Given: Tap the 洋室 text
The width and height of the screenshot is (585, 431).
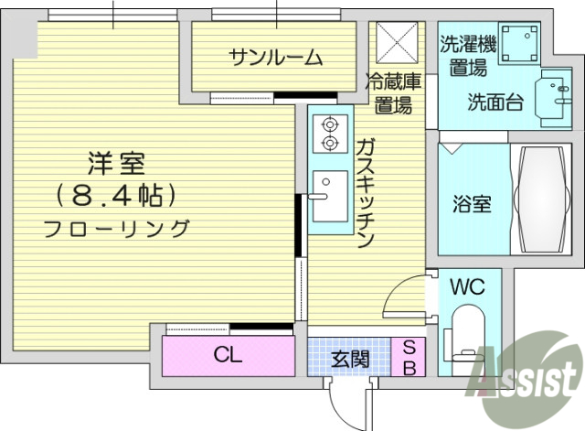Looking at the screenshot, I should (117, 166).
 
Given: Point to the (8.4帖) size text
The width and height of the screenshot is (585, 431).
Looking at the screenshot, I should (116, 195).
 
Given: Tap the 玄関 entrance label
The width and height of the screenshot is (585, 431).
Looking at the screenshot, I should (351, 358).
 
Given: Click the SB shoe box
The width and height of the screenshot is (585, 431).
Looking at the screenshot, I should (409, 358).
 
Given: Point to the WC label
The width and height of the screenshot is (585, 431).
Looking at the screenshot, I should (468, 286).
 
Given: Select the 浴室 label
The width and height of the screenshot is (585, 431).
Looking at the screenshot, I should (473, 203).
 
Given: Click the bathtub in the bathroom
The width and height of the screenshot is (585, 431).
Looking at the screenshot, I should (544, 199).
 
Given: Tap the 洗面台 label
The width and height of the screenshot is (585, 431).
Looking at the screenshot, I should (495, 102).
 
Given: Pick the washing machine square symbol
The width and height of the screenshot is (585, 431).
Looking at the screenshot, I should (524, 42).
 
